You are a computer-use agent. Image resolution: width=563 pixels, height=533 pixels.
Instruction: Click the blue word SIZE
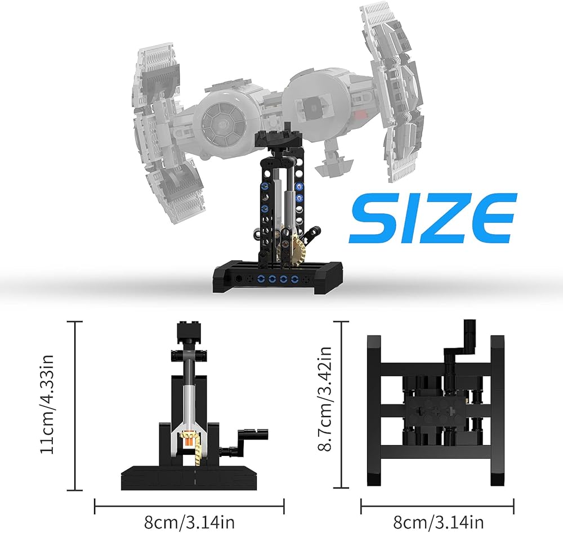432,218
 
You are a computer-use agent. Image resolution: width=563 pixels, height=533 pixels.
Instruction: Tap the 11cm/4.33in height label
47,405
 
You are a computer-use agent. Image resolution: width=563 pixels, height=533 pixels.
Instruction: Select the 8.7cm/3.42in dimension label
325,398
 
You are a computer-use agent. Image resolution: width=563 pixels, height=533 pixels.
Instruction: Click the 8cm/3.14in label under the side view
189,522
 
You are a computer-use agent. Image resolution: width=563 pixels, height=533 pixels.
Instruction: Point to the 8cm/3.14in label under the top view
439,522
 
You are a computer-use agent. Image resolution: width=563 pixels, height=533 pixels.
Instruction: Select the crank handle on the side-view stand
244,442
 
